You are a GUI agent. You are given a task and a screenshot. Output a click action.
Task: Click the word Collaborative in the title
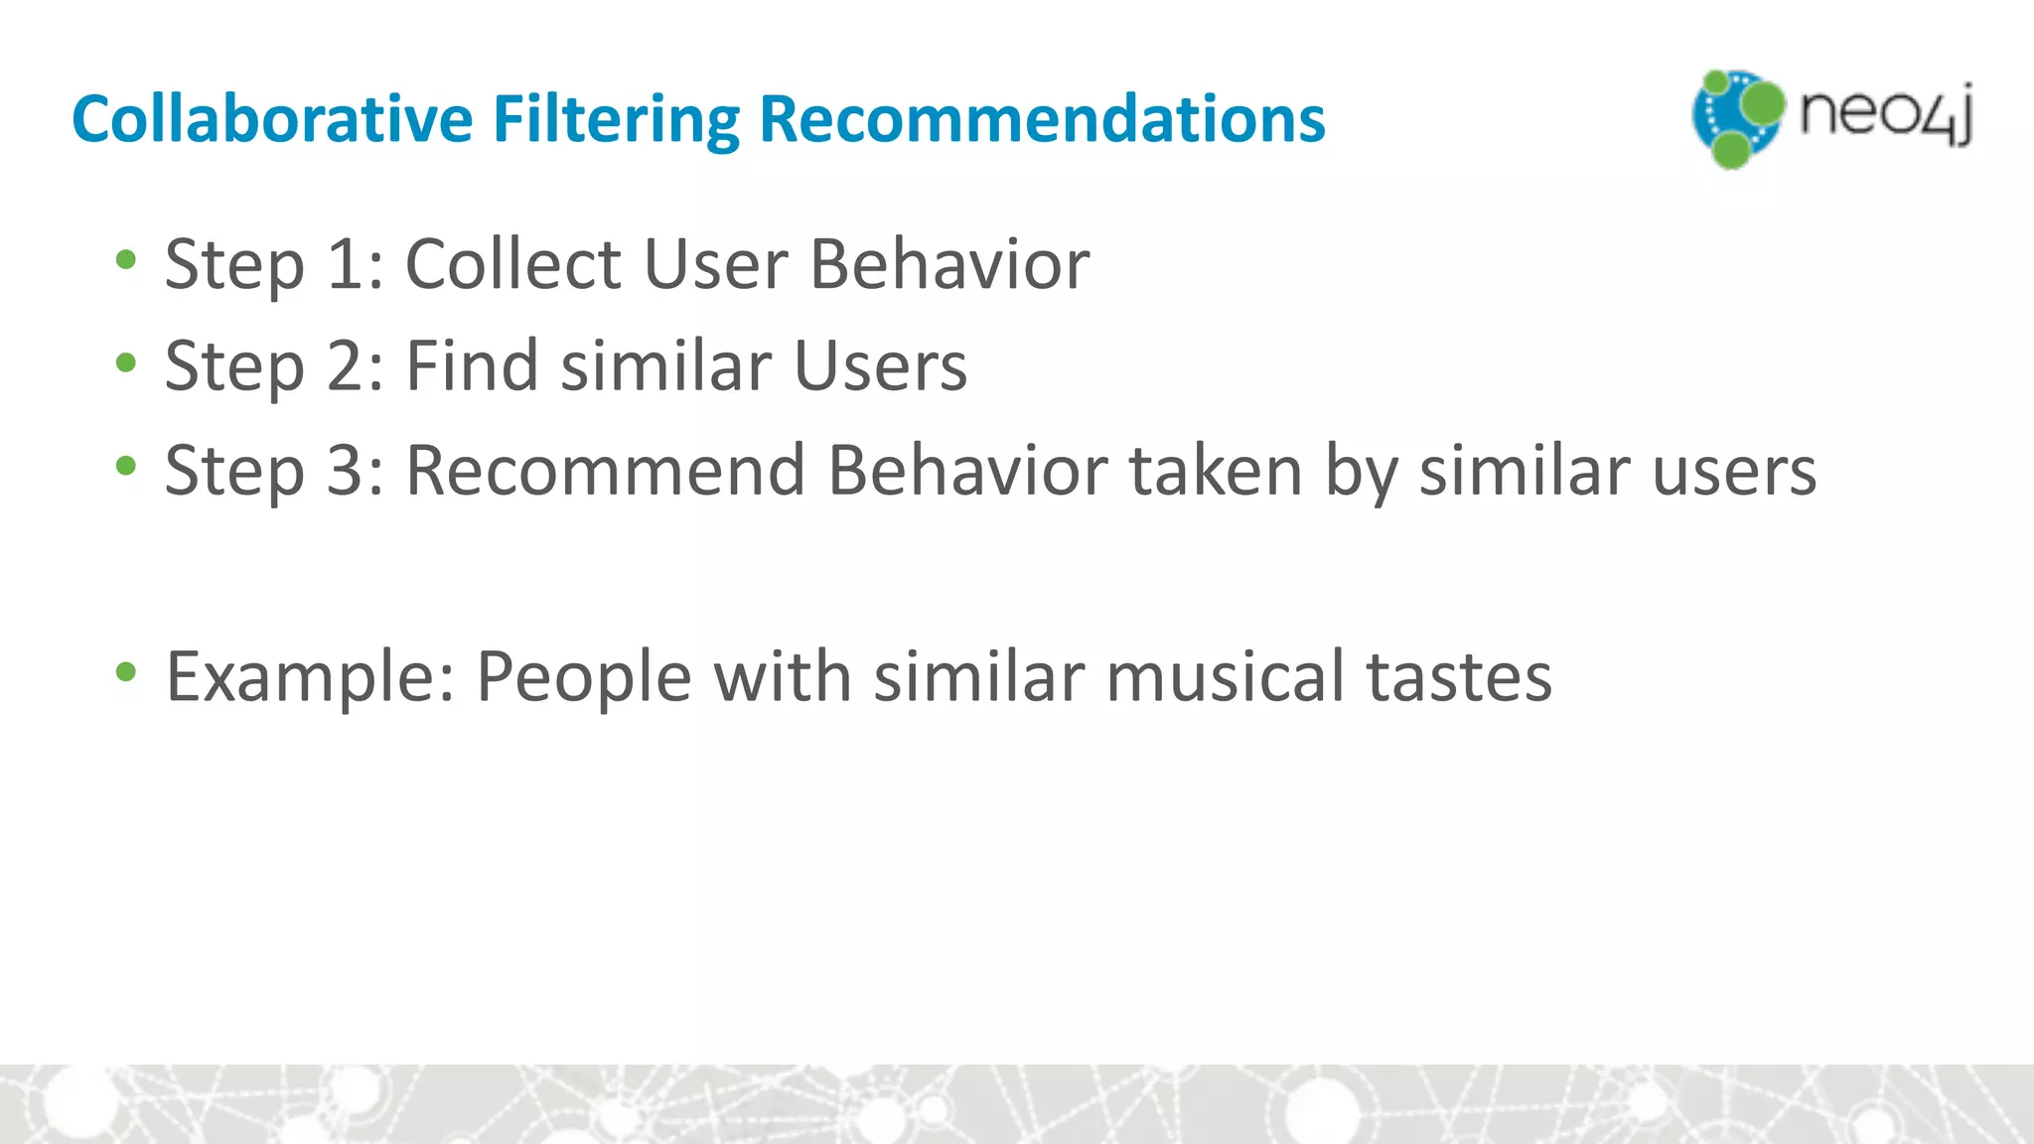tap(271, 119)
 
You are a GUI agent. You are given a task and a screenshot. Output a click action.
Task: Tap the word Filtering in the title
tap(616, 119)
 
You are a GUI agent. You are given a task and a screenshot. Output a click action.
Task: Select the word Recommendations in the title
tap(1042, 119)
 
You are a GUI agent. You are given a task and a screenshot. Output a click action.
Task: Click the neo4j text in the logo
tap(1885, 114)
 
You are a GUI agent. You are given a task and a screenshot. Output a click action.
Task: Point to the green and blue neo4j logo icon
tap(1737, 118)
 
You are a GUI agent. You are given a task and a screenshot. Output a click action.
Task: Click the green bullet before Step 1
tap(126, 261)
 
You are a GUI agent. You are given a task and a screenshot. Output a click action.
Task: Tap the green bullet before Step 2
tap(126, 363)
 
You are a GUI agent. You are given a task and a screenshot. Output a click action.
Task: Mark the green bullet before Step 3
tap(126, 467)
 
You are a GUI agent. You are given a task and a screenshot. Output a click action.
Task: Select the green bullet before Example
tap(126, 673)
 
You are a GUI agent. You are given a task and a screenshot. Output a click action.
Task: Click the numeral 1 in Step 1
tap(347, 265)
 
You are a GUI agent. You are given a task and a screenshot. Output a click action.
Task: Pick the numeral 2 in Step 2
tap(347, 366)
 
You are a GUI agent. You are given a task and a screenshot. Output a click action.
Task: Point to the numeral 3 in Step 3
tap(347, 471)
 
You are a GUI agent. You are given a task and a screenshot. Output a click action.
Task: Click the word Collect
tap(513, 265)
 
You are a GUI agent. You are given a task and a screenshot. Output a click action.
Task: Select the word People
tap(584, 678)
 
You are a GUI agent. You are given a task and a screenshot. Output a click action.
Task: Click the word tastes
tap(1459, 678)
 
